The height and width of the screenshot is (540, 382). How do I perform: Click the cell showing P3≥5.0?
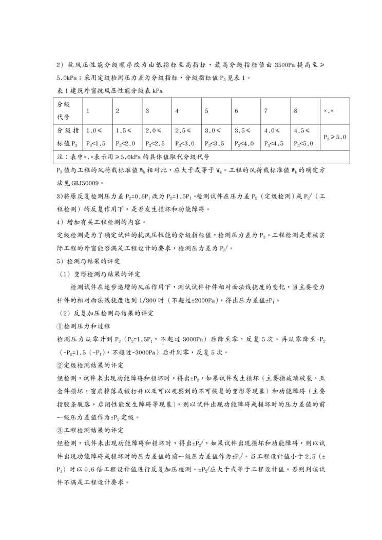[x=335, y=137]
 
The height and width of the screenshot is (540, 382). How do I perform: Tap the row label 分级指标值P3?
[x=67, y=137]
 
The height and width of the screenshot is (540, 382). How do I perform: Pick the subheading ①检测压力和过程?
[x=84, y=326]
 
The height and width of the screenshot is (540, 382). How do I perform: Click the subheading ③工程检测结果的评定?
[x=90, y=430]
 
